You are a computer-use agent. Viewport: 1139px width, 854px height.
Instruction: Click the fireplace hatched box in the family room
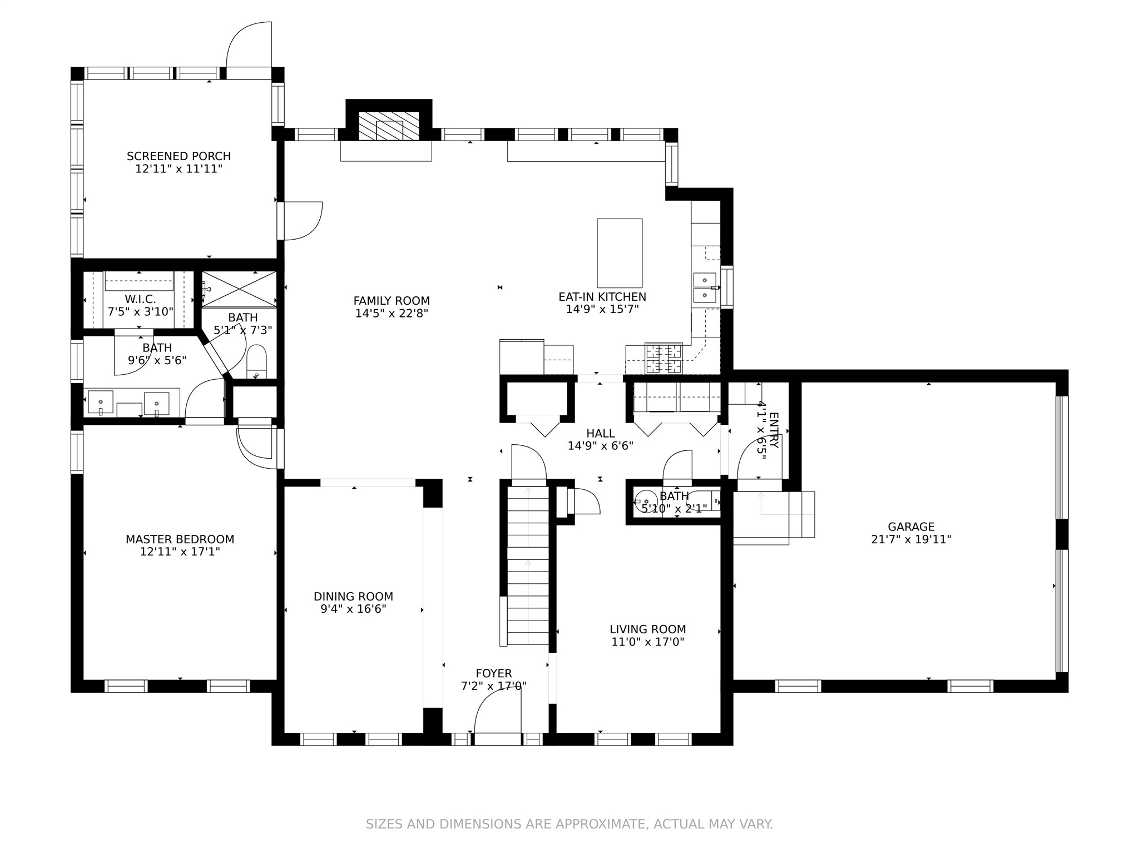389,126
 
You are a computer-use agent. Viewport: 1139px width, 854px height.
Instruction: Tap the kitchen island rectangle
620,253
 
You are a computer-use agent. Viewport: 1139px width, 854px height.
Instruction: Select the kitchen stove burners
663,359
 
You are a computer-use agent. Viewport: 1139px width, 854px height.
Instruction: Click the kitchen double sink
705,287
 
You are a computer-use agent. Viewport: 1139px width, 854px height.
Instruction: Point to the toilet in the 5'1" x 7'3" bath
257,361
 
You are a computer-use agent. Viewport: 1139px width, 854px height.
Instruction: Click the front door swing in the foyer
497,712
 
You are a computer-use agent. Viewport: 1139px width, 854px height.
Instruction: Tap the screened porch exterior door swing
249,44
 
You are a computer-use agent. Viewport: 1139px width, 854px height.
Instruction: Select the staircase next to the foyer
528,565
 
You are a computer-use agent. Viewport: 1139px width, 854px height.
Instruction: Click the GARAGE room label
911,527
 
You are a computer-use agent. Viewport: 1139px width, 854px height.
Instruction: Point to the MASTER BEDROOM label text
180,539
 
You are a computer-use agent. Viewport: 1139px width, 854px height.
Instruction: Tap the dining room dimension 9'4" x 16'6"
353,609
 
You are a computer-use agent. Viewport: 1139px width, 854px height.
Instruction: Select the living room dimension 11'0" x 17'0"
647,642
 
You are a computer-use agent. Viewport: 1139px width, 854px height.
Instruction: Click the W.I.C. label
140,300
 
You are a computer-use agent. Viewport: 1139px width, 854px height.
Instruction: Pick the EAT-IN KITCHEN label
602,297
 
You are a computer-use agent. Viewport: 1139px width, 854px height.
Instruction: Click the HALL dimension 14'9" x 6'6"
601,445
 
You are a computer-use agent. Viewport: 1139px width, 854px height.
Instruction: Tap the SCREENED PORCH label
179,156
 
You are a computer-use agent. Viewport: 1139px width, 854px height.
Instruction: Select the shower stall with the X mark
239,289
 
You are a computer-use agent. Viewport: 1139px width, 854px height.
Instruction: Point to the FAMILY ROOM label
392,301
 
